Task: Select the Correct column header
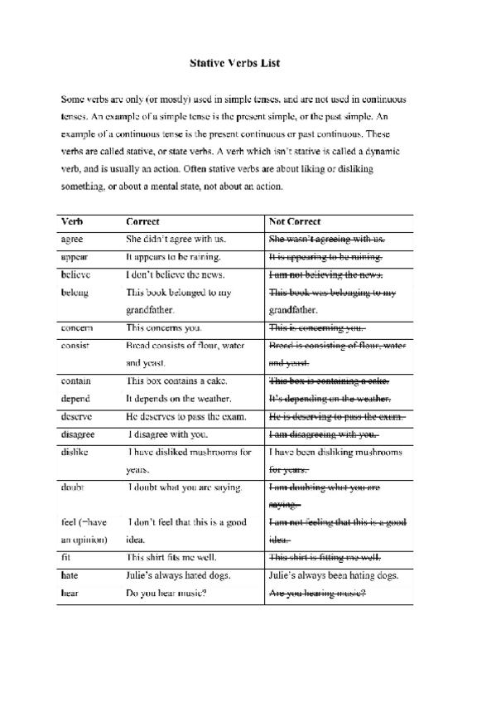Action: (142, 222)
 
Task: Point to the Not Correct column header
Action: (296, 222)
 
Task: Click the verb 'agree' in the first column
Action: (73, 240)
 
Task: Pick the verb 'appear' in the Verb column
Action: (75, 257)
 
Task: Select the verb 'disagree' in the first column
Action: (78, 434)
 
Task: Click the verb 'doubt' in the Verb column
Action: (73, 487)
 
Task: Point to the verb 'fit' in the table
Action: (66, 558)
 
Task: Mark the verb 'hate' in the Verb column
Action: (71, 575)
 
